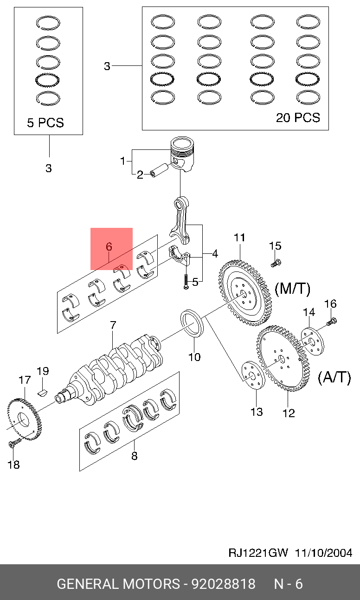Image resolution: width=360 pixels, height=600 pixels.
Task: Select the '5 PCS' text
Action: (x=45, y=123)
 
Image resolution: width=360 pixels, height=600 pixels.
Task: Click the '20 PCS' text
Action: (x=298, y=118)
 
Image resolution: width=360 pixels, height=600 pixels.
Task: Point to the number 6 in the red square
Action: (x=109, y=247)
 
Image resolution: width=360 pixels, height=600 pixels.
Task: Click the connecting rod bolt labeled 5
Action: (x=186, y=281)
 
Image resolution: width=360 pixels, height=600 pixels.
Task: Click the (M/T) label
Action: (x=292, y=289)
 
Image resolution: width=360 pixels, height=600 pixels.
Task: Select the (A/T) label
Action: (x=334, y=377)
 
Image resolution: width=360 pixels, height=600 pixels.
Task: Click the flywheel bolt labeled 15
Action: (x=275, y=263)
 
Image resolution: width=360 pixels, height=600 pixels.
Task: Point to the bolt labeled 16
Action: (x=332, y=321)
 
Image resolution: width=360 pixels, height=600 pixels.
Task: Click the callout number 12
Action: (x=289, y=413)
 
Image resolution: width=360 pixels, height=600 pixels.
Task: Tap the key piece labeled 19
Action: (x=43, y=391)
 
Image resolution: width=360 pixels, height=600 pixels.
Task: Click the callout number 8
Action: (x=134, y=456)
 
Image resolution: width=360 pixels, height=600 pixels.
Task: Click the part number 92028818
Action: (x=224, y=583)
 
